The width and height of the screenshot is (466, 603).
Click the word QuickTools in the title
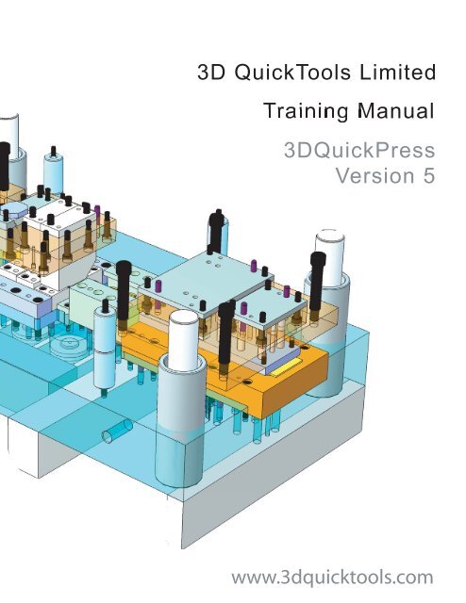coord(292,73)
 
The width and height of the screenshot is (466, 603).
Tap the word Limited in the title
coord(397,72)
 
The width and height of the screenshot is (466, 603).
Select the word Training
coord(306,111)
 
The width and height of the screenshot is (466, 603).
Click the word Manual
coord(396,111)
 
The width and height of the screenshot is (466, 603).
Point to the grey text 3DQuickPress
coord(359,150)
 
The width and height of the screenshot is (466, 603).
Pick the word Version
coord(374,176)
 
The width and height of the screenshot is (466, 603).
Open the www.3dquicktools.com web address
coord(332,578)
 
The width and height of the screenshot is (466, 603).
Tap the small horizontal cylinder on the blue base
coord(117,431)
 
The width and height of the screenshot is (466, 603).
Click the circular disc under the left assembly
coord(68,344)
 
